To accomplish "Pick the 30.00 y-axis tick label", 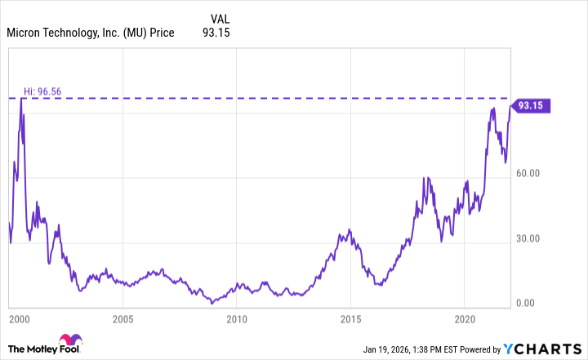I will coord(531,239).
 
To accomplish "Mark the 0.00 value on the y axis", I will coord(533,303).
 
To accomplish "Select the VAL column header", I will coord(220,19).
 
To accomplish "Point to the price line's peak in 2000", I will coord(21,100).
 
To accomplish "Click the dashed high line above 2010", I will coord(236,98).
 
